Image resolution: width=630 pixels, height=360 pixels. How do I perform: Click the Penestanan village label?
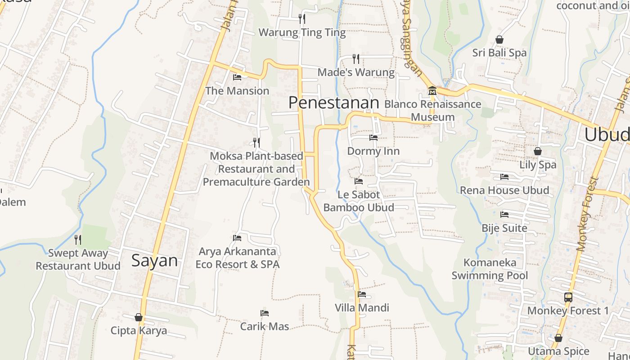pyautogui.click(x=333, y=103)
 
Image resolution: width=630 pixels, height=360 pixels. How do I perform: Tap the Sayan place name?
pyautogui.click(x=154, y=261)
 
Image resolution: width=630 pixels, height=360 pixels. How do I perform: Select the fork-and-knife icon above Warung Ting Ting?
pyautogui.click(x=302, y=18)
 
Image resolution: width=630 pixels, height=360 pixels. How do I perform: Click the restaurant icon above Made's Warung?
pyautogui.click(x=356, y=58)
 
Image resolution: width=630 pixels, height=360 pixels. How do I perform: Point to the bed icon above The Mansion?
pyautogui.click(x=237, y=77)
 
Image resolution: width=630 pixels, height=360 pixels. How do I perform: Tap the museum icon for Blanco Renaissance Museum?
pyautogui.click(x=432, y=91)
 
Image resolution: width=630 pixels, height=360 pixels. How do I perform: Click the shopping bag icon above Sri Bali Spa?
pyautogui.click(x=499, y=40)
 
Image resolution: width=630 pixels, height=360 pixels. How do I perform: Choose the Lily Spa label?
pyautogui.click(x=538, y=165)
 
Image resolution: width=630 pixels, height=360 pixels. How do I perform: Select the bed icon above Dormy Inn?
pyautogui.click(x=373, y=138)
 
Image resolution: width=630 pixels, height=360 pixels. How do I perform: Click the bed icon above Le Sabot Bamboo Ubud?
pyautogui.click(x=359, y=181)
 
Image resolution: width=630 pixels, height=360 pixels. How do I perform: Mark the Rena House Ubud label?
pyautogui.click(x=504, y=190)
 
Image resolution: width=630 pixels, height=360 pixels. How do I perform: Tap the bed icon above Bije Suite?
pyautogui.click(x=504, y=215)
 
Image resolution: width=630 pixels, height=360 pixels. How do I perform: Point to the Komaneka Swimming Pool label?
pyautogui.click(x=490, y=269)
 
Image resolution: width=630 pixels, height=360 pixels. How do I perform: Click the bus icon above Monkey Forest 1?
pyautogui.click(x=568, y=297)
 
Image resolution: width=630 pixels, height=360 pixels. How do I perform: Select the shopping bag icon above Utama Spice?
pyautogui.click(x=558, y=338)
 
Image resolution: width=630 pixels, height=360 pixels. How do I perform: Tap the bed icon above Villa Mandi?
pyautogui.click(x=362, y=295)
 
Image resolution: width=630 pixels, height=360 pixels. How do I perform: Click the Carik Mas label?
pyautogui.click(x=265, y=326)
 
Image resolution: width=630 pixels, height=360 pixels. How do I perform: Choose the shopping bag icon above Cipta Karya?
pyautogui.click(x=139, y=317)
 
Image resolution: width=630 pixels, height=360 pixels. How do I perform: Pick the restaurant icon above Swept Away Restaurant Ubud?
pyautogui.click(x=78, y=239)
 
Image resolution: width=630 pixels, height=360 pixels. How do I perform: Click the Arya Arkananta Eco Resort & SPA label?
pyautogui.click(x=238, y=258)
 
